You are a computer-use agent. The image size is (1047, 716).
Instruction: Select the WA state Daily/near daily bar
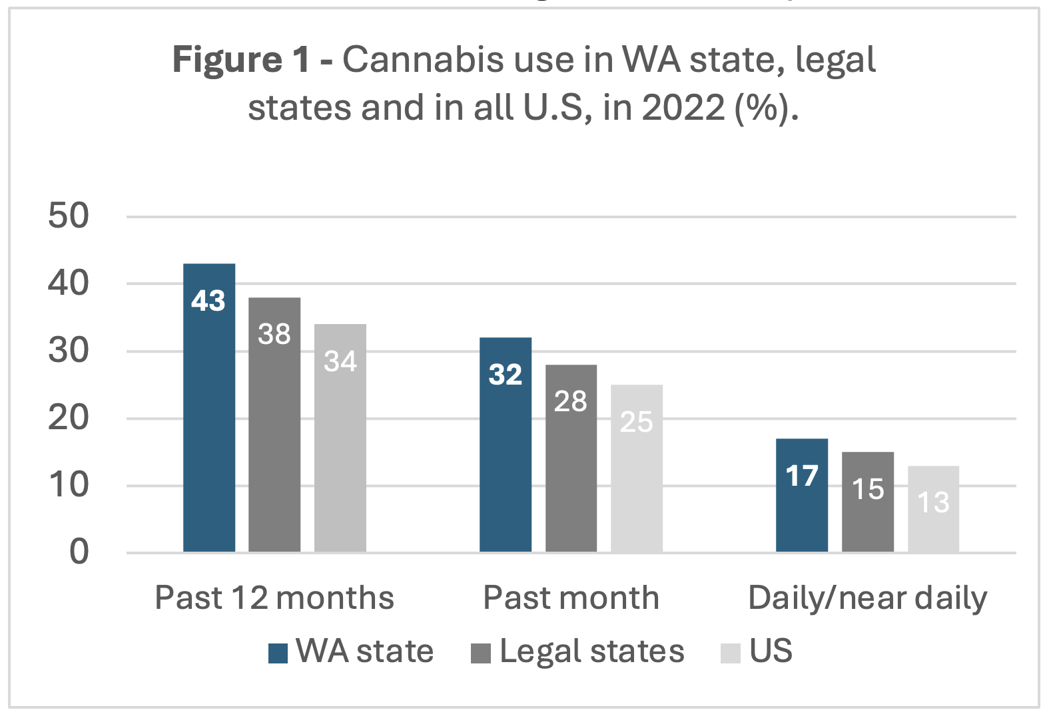pos(802,495)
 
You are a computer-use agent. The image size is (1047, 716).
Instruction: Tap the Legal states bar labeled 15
pos(868,502)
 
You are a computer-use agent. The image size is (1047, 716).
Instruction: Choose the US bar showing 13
pos(933,508)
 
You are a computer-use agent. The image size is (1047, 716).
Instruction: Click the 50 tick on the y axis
pos(69,216)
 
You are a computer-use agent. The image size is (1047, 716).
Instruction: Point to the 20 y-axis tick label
pos(69,418)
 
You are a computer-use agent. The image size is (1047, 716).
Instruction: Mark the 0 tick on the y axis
pos(79,552)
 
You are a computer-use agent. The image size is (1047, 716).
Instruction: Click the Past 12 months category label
pos(274,598)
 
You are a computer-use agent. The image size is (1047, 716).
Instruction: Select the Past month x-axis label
pos(571,598)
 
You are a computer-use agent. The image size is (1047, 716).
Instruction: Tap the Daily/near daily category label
pos(867,598)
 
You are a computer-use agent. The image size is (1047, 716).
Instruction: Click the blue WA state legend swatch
pos(278,653)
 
